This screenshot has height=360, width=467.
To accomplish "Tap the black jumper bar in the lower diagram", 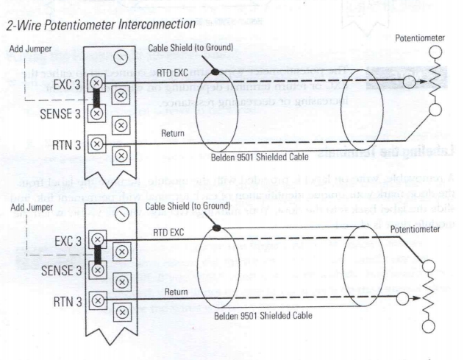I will (96, 254).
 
